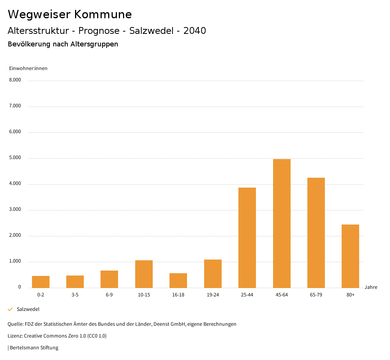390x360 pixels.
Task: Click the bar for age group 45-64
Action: point(282,223)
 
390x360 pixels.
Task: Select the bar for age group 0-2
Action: point(41,282)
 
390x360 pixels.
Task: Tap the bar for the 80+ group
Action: point(350,256)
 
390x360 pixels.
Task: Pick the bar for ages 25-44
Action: point(247,237)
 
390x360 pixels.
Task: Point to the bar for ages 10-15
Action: point(144,274)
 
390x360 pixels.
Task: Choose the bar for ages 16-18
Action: point(178,280)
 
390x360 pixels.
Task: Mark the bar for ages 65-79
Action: point(316,233)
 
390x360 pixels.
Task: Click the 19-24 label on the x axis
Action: point(213,295)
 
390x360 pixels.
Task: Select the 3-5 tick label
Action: point(75,295)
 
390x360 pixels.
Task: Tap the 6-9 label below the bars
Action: point(109,295)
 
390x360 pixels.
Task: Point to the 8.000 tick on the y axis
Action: point(15,80)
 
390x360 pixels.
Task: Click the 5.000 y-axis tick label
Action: point(15,158)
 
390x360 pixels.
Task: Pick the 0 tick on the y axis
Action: point(19,287)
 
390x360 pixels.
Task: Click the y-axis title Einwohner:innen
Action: point(28,68)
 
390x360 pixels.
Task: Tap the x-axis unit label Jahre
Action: point(371,287)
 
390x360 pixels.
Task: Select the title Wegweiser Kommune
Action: point(70,14)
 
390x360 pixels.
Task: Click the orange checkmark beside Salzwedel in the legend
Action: point(10,309)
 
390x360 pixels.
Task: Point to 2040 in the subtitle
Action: point(195,31)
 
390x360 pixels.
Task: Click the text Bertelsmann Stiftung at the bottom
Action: point(34,348)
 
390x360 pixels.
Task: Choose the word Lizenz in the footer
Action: point(15,336)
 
